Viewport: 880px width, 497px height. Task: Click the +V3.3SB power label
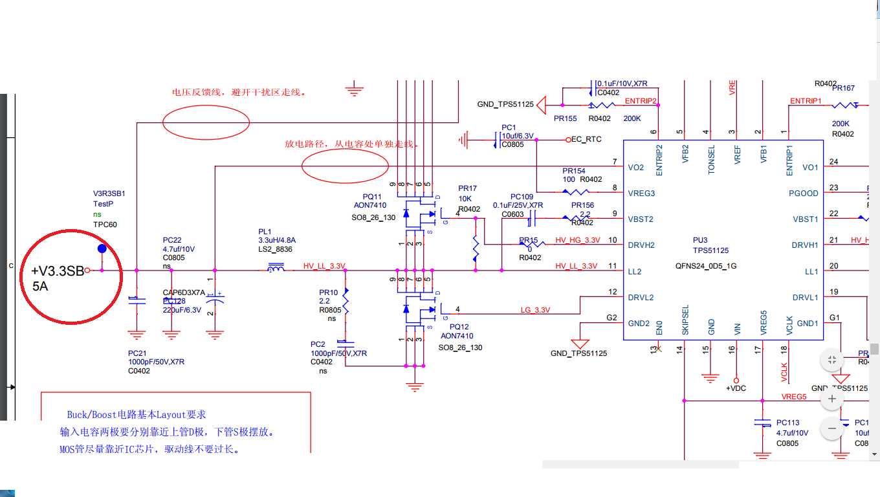coord(58,271)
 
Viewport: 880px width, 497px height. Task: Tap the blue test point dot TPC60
coord(102,248)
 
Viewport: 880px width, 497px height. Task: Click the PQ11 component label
coord(372,196)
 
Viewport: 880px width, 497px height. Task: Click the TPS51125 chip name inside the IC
coord(710,250)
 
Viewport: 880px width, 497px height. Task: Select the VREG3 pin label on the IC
coord(641,193)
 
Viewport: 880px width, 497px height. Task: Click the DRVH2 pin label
coord(641,245)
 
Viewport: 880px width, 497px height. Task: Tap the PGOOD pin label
coord(804,193)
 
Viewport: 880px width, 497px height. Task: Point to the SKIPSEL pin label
coord(685,320)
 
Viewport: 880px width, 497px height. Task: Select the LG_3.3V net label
coord(535,310)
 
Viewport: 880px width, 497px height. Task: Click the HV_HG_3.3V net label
coord(577,240)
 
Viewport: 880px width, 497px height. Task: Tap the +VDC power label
coord(737,388)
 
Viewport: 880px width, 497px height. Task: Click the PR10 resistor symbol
coord(346,302)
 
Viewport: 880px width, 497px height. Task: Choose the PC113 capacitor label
coord(787,423)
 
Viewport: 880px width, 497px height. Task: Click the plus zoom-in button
coord(832,399)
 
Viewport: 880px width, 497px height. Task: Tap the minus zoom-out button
coord(832,428)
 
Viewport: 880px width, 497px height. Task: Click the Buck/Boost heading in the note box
coord(137,414)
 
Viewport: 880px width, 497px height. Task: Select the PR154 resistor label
coord(575,171)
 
